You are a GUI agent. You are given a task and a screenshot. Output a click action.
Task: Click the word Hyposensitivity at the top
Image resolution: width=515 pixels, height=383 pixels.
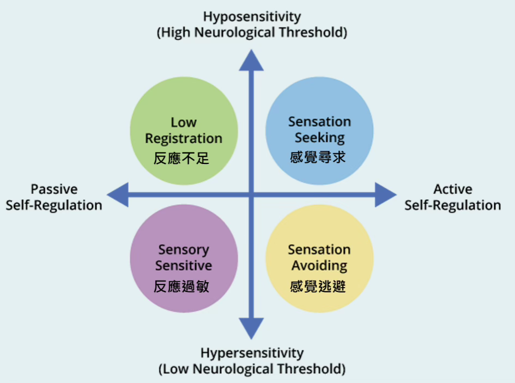tap(252, 16)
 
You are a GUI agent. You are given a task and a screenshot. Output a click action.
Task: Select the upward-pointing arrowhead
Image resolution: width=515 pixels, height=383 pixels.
tap(251, 60)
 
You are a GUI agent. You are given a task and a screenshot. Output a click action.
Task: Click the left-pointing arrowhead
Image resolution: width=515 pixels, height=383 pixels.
tap(118, 194)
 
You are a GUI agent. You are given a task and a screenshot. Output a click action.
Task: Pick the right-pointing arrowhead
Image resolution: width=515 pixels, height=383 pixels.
tap(385, 194)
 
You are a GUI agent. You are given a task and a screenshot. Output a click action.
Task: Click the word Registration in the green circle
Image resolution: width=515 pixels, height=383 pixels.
tap(184, 139)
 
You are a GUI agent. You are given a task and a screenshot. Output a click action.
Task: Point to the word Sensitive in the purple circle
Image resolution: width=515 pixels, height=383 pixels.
tap(184, 266)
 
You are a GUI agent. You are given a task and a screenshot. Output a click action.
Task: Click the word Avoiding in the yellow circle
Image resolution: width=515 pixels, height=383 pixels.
tap(319, 266)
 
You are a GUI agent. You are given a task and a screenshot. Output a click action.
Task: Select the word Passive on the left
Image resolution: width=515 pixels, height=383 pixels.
tap(54, 190)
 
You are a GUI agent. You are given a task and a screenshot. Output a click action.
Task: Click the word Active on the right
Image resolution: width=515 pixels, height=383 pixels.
tap(452, 190)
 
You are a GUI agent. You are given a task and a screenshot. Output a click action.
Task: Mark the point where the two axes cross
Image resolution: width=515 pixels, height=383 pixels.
tap(251, 194)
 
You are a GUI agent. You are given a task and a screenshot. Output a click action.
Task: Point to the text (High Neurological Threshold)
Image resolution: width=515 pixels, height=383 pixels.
tap(252, 33)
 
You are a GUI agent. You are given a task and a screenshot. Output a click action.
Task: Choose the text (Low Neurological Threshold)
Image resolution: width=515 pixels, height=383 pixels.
tap(252, 369)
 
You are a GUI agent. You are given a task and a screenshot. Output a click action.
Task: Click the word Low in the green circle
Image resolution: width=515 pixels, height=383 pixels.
tap(184, 123)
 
